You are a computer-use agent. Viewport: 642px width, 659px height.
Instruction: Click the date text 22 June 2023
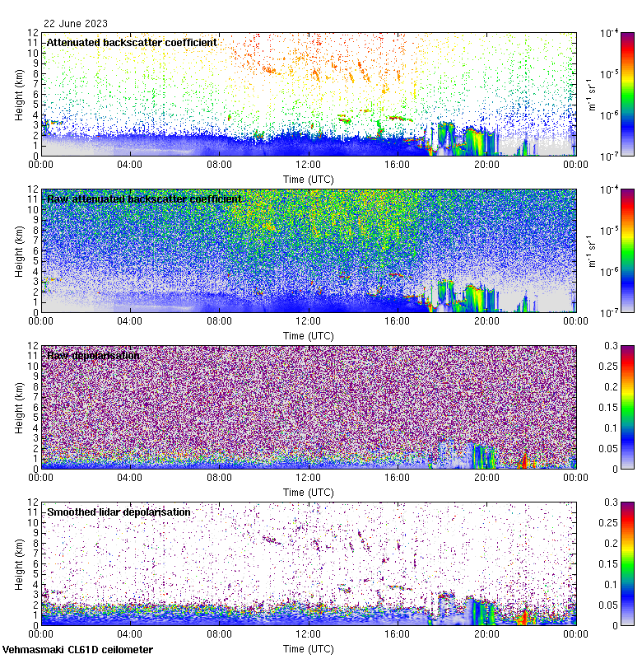coord(76,24)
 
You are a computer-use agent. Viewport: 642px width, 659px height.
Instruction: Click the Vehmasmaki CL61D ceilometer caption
coord(77,650)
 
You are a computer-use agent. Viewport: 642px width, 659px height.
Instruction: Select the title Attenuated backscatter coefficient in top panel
coord(132,42)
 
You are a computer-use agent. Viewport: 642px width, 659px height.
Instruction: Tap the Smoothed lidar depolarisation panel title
coord(119,512)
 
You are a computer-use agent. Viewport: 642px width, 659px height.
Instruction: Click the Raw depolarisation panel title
coord(93,356)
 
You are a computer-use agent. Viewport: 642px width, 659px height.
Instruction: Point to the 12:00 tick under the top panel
coord(309,164)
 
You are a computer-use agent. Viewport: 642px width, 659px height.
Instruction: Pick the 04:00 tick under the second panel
coord(130,320)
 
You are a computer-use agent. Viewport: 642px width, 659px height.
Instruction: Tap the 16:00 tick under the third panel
coord(398,477)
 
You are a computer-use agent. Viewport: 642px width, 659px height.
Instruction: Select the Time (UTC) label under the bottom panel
coord(309,648)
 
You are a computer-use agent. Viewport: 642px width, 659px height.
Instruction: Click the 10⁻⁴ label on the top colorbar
coord(610,33)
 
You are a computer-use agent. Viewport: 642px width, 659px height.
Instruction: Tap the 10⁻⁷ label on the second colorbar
coord(610,312)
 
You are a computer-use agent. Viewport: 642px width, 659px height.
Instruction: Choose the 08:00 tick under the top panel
coord(219,164)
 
